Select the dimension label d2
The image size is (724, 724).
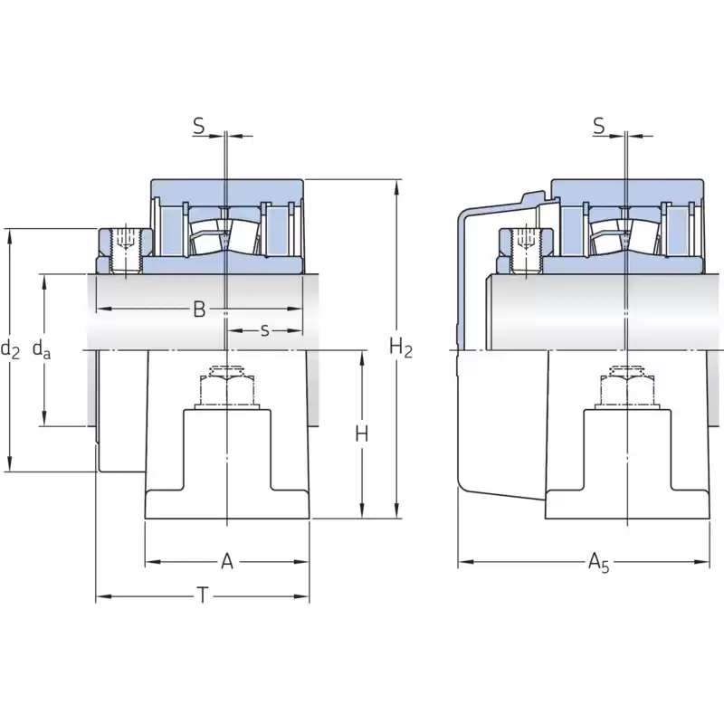pos(10,348)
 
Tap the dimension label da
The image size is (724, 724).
pos(42,348)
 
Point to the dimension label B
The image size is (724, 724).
pos(198,310)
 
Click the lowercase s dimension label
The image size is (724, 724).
pos(264,330)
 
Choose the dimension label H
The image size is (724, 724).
pos(362,434)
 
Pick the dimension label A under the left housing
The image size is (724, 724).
pos(227,562)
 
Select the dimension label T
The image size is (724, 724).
pos(204,595)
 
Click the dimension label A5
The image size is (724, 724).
pos(598,563)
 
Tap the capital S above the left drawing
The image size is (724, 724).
pos(199,127)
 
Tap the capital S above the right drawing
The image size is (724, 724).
pos(599,127)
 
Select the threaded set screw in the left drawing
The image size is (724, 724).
pos(124,250)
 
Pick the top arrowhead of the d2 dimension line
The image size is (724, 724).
pos(9,233)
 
